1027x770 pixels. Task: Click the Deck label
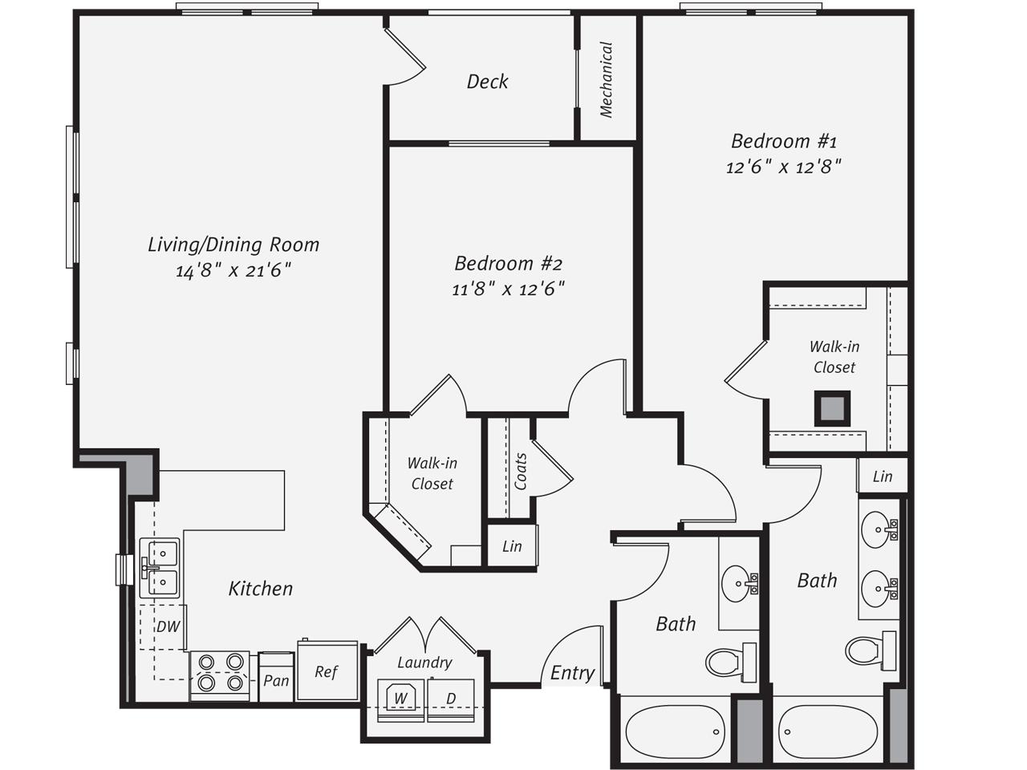(x=487, y=81)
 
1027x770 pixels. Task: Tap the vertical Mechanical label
(x=606, y=79)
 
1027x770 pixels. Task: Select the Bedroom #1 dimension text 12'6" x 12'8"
(x=784, y=167)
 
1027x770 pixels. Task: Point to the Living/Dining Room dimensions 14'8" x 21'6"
(x=233, y=270)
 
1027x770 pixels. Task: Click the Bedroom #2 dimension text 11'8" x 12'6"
(x=508, y=289)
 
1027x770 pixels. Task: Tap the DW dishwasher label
(x=168, y=626)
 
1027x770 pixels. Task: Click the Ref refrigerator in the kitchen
(x=327, y=671)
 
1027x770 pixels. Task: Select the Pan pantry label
(x=276, y=680)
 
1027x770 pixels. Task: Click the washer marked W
(x=400, y=699)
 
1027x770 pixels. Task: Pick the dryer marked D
(x=451, y=699)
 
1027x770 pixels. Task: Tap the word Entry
(x=572, y=673)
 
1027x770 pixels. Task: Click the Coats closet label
(x=520, y=472)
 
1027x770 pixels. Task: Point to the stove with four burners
(x=220, y=676)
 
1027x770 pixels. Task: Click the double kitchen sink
(x=159, y=568)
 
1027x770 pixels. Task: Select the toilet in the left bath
(x=730, y=662)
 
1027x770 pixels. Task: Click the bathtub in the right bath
(x=828, y=731)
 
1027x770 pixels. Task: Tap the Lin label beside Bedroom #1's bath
(x=883, y=476)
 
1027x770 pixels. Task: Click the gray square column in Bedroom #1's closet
(x=832, y=408)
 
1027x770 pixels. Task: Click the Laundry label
(x=424, y=663)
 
